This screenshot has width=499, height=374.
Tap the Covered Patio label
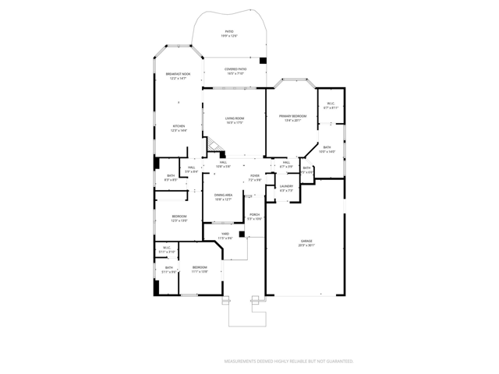(x=235, y=71)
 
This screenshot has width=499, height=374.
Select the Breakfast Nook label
(x=178, y=76)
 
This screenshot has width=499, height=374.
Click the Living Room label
(x=235, y=120)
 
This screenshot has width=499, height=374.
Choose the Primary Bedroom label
(x=293, y=118)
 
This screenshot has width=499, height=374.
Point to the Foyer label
(x=255, y=178)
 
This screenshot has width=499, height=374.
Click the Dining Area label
(x=224, y=197)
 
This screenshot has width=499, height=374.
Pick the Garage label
(x=306, y=243)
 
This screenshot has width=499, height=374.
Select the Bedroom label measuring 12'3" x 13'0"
(x=179, y=218)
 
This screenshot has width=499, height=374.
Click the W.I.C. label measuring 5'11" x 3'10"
(x=167, y=250)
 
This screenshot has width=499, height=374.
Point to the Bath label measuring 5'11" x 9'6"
(x=168, y=270)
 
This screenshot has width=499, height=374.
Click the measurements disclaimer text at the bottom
(x=289, y=362)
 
